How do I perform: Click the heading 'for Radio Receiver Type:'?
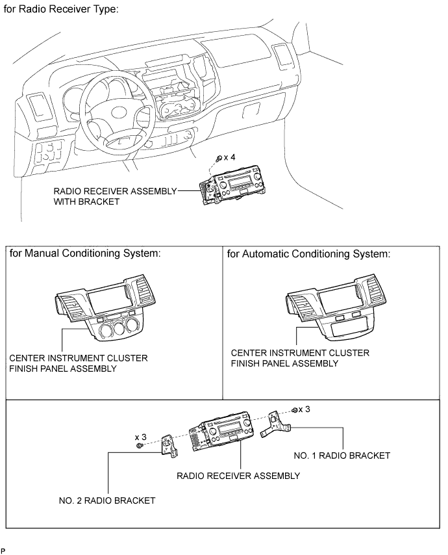coord(61,9)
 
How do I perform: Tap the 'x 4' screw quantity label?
coord(229,157)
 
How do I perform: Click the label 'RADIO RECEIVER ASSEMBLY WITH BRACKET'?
coord(115,196)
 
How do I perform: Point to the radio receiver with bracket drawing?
coord(231,185)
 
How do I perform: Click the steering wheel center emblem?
coord(121,113)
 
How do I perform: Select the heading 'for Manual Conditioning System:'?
coord(85,253)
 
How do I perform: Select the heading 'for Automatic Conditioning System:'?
coord(308,254)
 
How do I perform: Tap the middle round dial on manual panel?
coord(119,328)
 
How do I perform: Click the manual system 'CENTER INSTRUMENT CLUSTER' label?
coord(79,358)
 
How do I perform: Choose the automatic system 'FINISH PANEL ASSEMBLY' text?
coord(284,363)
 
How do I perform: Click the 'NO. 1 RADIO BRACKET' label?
coord(342,455)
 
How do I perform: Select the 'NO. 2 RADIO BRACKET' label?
coord(107,500)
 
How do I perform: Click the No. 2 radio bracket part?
coord(169,446)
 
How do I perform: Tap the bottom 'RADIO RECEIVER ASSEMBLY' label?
coord(238,475)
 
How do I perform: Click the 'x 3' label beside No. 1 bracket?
coord(304,409)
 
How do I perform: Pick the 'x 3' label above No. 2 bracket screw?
coord(140,437)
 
